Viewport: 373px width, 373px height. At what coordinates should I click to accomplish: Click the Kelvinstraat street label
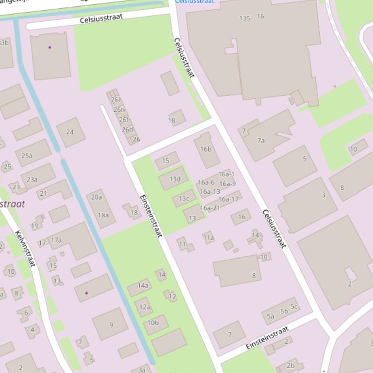tap(25, 249)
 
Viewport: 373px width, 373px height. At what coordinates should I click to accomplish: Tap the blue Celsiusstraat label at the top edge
tap(195, 2)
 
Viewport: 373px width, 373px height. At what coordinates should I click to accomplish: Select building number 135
tap(245, 18)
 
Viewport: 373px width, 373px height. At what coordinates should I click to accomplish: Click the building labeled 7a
tap(261, 140)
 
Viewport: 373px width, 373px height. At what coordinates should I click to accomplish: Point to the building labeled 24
tap(70, 132)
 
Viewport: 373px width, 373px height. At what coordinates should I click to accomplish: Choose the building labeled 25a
tap(27, 155)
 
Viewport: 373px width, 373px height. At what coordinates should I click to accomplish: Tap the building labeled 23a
tap(32, 179)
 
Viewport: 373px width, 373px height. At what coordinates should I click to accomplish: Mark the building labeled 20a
tap(97, 197)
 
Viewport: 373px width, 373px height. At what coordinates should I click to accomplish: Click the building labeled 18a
tap(103, 215)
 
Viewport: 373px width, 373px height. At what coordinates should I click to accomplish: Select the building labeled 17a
tap(56, 240)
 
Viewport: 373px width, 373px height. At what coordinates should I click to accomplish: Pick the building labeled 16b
tap(206, 149)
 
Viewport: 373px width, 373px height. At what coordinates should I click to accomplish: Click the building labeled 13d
tap(175, 179)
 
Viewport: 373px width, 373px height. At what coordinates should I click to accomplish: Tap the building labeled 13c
tap(184, 198)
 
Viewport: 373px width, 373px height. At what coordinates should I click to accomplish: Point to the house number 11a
tap(208, 237)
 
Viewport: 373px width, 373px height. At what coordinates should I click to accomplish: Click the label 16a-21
tap(210, 208)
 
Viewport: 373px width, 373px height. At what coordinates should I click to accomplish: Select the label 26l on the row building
tap(115, 100)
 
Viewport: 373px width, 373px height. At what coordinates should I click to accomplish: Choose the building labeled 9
tap(111, 325)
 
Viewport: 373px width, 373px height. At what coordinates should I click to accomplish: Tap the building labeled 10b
tap(153, 323)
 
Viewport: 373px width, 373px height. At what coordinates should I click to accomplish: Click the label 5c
tap(294, 306)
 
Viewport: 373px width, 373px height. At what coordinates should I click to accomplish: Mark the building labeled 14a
tap(143, 286)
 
